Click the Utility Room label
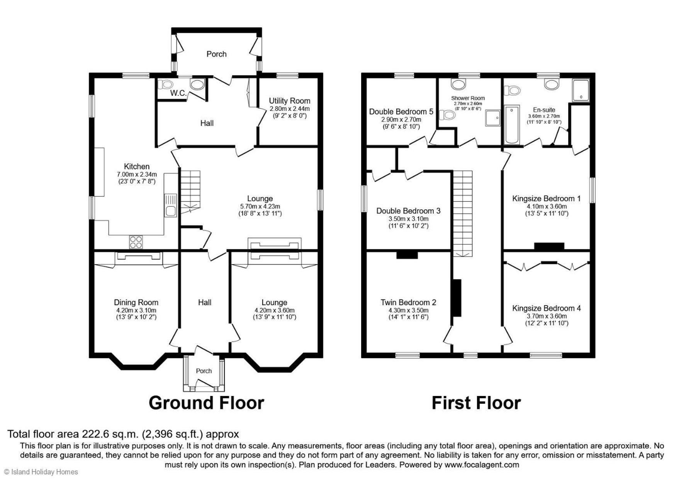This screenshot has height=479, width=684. [290, 101]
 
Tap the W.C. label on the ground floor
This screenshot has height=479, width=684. [178, 93]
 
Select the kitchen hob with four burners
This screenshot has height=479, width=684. [136, 242]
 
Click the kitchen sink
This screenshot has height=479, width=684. [170, 206]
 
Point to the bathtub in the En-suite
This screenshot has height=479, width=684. [512, 124]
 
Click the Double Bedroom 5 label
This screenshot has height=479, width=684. [401, 112]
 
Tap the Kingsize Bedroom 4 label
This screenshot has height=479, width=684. [547, 308]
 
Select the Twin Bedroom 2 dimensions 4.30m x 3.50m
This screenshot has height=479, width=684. [409, 310]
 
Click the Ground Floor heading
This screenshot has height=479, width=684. [206, 403]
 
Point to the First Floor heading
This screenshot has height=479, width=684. [476, 403]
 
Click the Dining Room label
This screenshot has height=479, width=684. [136, 302]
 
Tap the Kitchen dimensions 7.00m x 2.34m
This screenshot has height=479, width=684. [137, 175]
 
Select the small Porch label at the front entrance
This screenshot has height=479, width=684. [204, 371]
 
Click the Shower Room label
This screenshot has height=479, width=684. [468, 98]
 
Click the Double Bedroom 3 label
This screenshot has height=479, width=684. [408, 211]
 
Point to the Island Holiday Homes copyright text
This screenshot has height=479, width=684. [41, 472]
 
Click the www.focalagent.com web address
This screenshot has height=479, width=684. [482, 465]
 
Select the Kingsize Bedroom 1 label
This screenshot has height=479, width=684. [547, 199]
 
